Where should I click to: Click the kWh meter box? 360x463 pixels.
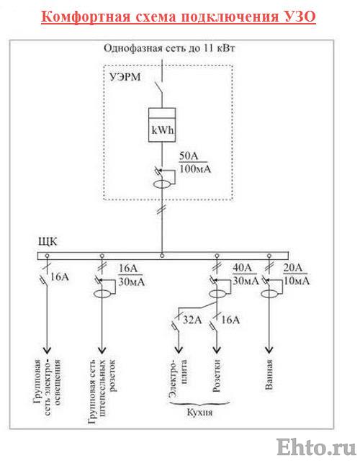[x=162, y=125]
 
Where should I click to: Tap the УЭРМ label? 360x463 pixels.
[x=125, y=77]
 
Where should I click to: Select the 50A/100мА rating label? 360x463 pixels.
[x=195, y=163]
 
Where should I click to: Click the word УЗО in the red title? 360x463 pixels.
[x=301, y=17]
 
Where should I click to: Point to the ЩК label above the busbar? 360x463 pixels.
[x=48, y=241]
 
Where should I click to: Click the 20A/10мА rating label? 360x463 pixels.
[x=296, y=274]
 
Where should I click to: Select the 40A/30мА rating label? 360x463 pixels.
[x=246, y=274]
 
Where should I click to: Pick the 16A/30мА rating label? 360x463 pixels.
[x=132, y=275]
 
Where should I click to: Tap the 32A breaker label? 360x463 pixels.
[x=192, y=320]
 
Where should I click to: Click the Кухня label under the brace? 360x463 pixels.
[x=199, y=412]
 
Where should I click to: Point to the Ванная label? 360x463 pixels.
[x=269, y=374]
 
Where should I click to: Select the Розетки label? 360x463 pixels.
[x=217, y=375]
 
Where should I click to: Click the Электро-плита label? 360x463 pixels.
[x=178, y=378]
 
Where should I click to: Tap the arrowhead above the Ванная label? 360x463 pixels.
[x=269, y=350]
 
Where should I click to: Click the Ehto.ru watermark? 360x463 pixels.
[x=316, y=446]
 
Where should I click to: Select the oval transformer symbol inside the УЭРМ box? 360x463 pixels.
[x=162, y=184]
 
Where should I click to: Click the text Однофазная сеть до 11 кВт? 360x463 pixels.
[x=169, y=48]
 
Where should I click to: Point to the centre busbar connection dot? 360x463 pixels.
[x=162, y=256]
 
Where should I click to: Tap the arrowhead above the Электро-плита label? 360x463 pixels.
[x=179, y=350]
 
